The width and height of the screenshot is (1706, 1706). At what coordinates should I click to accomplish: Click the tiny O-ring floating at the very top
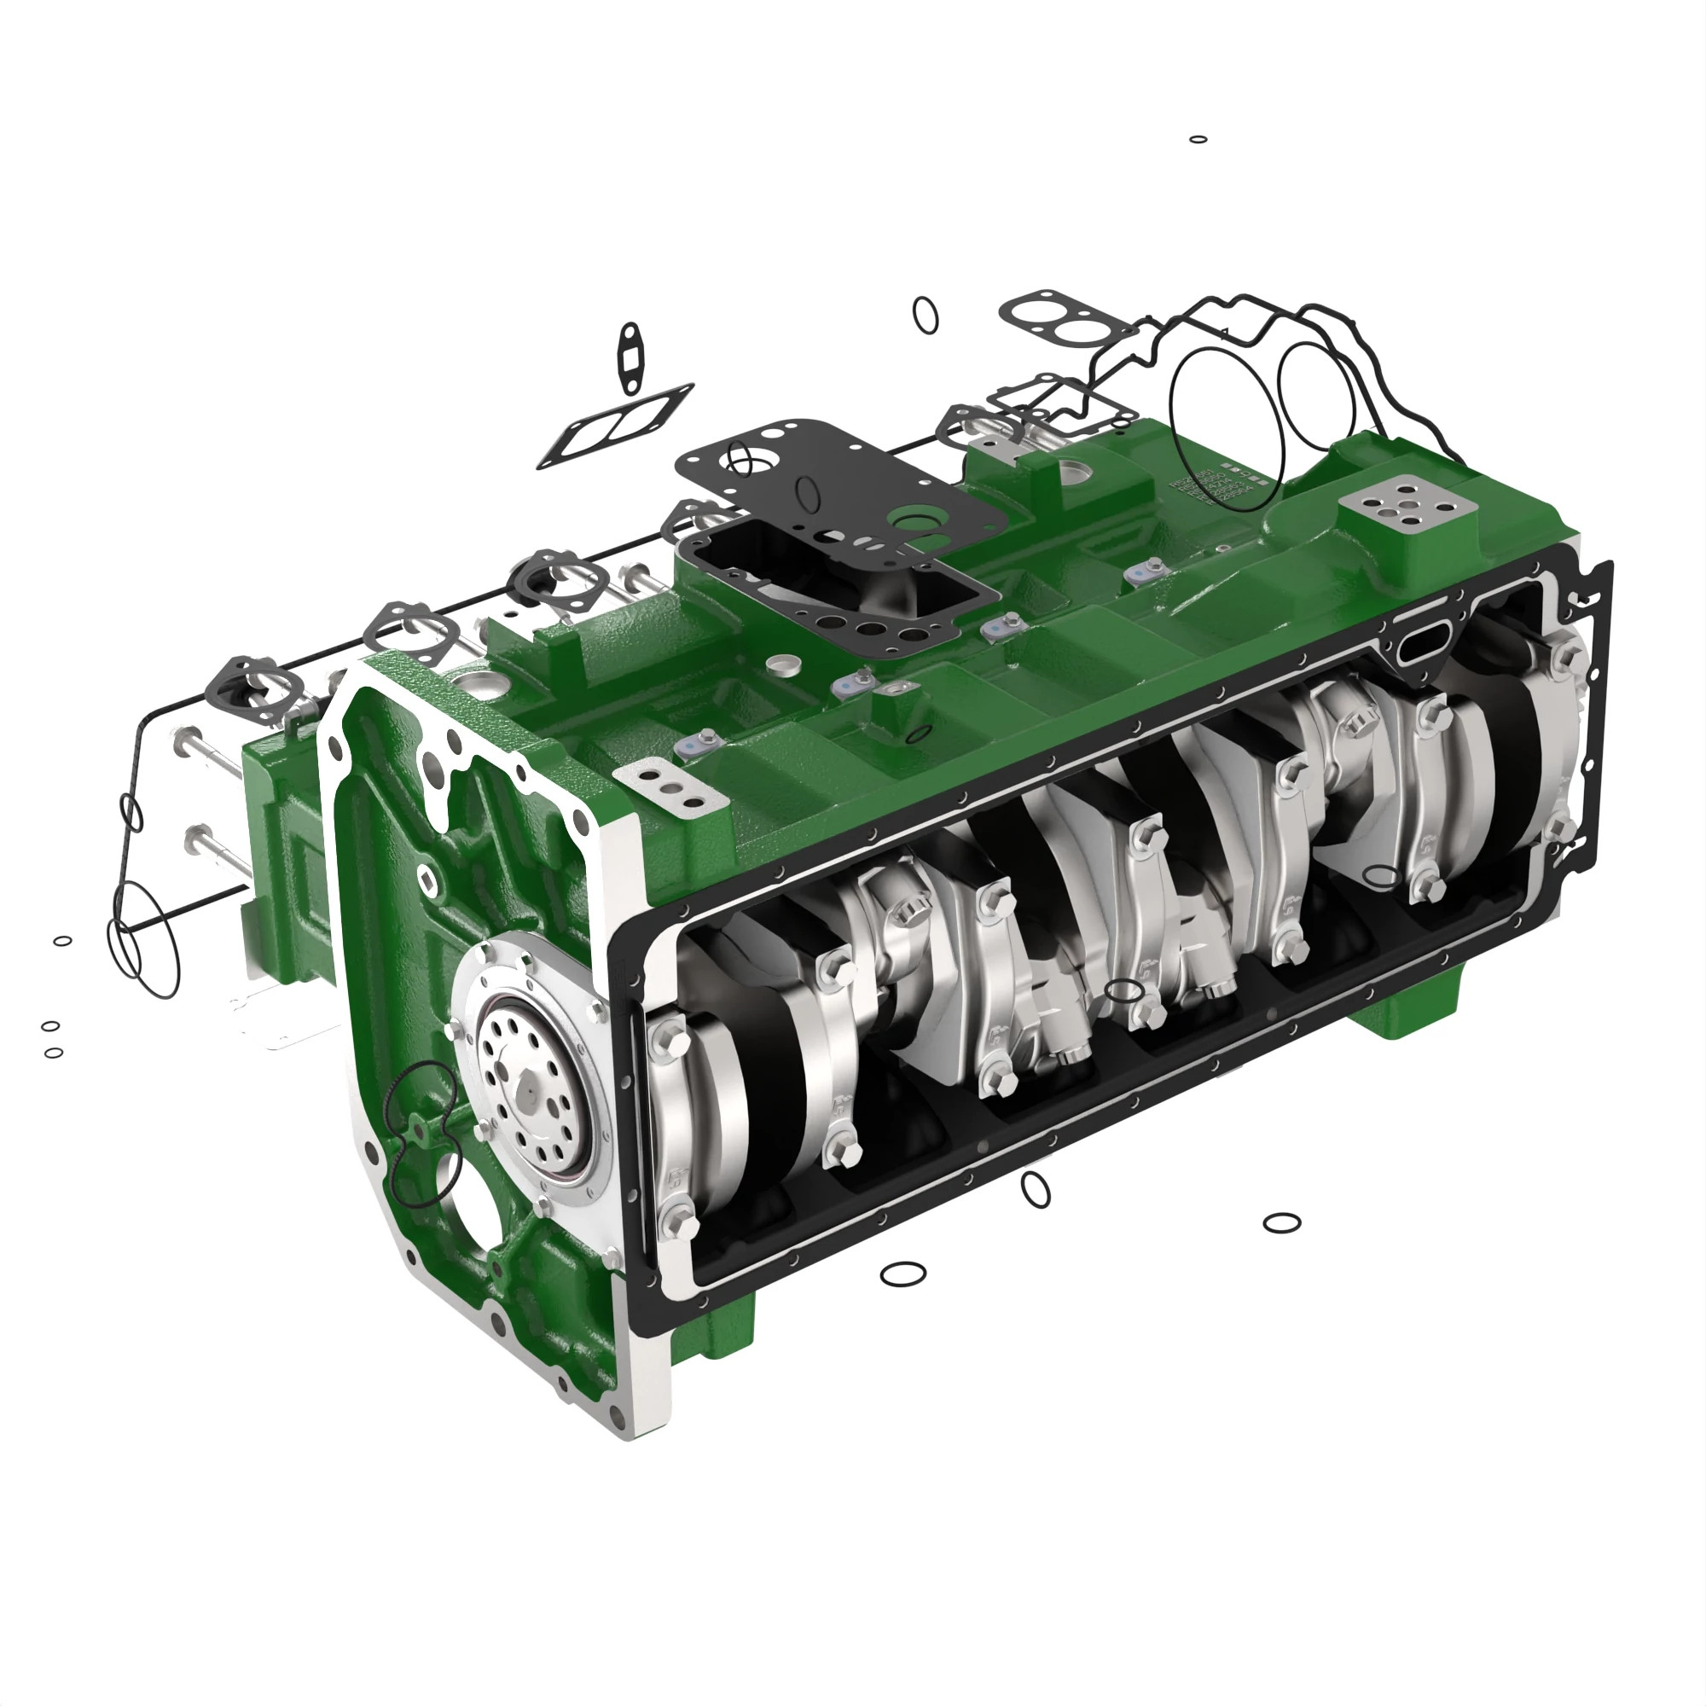[1198, 140]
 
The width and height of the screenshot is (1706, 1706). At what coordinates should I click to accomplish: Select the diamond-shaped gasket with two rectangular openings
[616, 426]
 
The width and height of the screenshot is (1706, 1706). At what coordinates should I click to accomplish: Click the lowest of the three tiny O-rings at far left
[54, 1053]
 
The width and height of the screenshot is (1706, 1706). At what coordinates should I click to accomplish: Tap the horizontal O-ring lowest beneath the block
[903, 1274]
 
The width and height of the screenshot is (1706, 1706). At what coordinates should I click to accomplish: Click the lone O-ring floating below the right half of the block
[1282, 1223]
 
